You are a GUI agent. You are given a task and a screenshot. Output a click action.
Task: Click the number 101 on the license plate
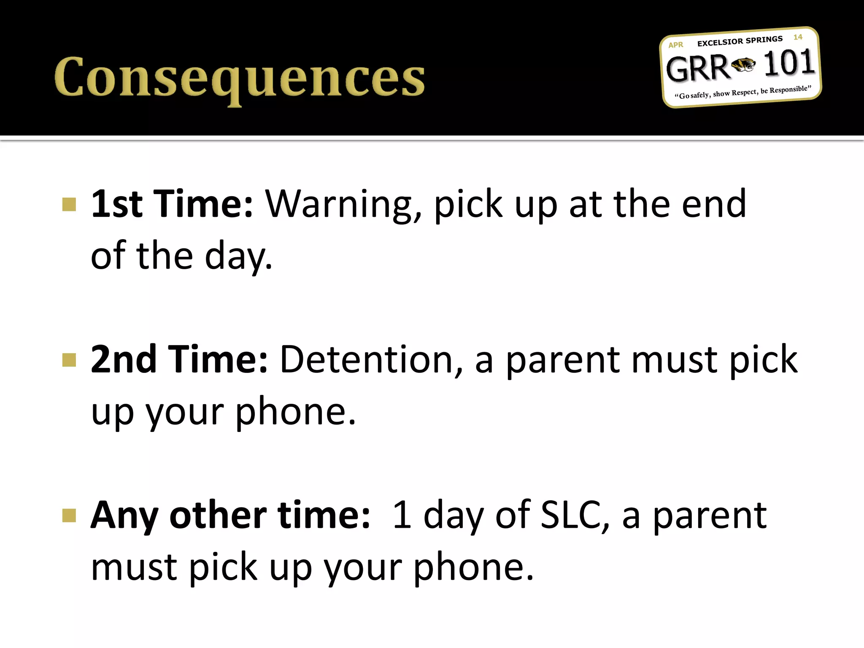click(x=789, y=63)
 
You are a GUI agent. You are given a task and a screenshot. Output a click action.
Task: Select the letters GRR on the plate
click(x=697, y=68)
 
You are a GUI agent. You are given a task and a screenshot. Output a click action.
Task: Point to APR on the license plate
click(x=675, y=45)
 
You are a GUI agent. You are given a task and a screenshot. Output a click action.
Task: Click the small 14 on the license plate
click(x=797, y=37)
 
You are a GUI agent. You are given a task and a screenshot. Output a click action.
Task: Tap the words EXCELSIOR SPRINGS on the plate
click(x=740, y=41)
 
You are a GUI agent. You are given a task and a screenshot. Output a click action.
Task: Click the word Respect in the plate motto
click(x=744, y=92)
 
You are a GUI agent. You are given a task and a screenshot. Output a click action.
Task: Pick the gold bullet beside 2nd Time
click(x=69, y=360)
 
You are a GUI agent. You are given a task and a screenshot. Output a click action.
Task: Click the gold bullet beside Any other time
click(x=69, y=515)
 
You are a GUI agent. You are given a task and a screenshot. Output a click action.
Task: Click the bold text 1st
click(x=117, y=204)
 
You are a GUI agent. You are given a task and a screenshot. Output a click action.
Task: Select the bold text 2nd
click(x=124, y=360)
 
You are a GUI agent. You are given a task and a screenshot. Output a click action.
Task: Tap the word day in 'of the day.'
click(x=238, y=256)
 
